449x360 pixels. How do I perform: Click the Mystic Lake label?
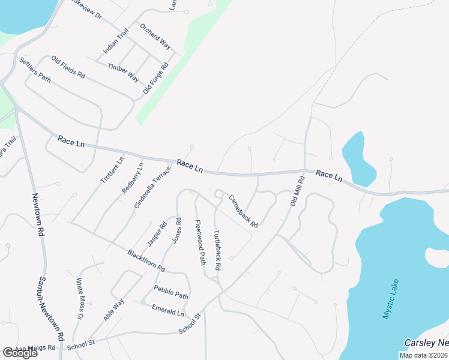391,298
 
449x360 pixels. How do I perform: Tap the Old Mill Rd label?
297,191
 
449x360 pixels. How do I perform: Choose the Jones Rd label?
177,230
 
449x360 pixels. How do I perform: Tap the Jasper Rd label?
157,235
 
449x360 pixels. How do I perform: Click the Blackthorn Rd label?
146,261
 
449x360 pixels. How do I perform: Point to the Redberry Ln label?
133,178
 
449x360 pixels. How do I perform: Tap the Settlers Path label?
35,70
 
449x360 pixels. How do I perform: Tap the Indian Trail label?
116,43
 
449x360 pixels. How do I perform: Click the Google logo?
20,353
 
